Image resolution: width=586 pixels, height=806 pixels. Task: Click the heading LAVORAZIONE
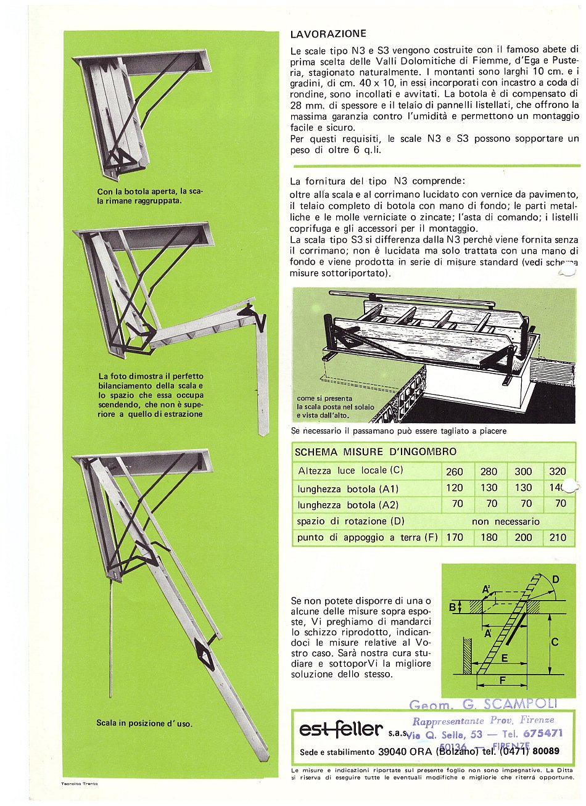point(328,34)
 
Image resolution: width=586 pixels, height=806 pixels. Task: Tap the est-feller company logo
point(340,730)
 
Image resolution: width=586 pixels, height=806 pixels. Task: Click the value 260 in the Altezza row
point(454,472)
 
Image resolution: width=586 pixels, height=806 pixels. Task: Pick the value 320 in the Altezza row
point(557,472)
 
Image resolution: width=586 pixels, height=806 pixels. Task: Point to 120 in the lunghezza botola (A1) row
point(454,488)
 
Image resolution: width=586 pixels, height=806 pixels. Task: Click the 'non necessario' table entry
point(505,521)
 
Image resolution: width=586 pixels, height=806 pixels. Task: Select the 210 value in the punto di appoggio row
point(558,537)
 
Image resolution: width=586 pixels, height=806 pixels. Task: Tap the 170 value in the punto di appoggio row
point(454,537)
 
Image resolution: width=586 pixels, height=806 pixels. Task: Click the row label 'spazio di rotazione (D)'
point(351,521)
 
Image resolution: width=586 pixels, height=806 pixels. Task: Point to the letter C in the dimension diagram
point(554,642)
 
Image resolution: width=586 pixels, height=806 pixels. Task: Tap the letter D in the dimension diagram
point(556,580)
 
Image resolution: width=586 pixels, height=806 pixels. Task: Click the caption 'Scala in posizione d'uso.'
point(144,723)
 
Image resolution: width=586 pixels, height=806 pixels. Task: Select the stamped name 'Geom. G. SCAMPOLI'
point(483,704)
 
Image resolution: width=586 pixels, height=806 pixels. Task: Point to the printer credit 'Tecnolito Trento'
point(80,784)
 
